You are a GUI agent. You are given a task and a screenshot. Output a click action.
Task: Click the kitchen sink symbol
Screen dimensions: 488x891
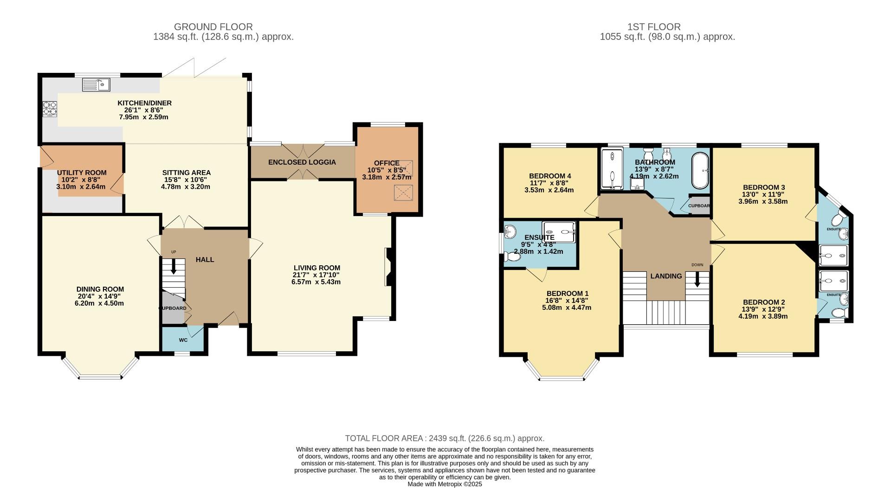pyautogui.click(x=96, y=84)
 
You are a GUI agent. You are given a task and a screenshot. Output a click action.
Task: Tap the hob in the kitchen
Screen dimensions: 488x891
pyautogui.click(x=50, y=109)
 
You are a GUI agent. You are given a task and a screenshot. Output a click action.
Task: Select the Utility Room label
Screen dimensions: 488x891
pyautogui.click(x=82, y=173)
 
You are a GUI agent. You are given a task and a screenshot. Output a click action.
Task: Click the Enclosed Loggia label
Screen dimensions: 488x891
pyautogui.click(x=302, y=162)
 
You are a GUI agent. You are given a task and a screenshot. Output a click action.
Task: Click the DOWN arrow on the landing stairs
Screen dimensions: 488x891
pyautogui.click(x=697, y=279)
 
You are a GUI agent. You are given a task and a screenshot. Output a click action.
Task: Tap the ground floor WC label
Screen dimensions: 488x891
pyautogui.click(x=183, y=340)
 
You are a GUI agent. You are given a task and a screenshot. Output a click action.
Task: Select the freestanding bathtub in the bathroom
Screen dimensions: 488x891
pyautogui.click(x=700, y=170)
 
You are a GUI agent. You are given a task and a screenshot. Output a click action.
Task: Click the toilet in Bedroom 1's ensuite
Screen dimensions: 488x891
pyautogui.click(x=512, y=256)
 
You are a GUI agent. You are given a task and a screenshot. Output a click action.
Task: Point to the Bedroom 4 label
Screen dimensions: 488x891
pyautogui.click(x=550, y=176)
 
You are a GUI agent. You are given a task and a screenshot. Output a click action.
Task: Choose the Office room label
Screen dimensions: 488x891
pyautogui.click(x=387, y=163)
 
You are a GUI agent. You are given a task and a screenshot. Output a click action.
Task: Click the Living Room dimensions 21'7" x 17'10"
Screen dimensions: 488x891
pyautogui.click(x=316, y=275)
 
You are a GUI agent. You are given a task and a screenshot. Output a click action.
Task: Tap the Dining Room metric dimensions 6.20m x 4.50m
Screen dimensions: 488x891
pyautogui.click(x=101, y=303)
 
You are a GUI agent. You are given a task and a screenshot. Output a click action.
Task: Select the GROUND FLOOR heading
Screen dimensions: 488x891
pyautogui.click(x=213, y=27)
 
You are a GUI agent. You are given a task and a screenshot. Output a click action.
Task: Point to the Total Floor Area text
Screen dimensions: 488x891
pyautogui.click(x=444, y=438)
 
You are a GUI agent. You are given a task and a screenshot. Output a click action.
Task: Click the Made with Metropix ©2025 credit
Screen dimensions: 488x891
pyautogui.click(x=445, y=484)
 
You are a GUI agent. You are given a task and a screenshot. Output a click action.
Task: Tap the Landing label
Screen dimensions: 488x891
pyautogui.click(x=666, y=276)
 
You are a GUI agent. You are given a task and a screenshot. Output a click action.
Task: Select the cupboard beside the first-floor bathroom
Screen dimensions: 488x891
pyautogui.click(x=699, y=205)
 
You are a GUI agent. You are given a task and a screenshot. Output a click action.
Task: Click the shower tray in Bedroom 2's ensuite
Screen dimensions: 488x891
pyautogui.click(x=833, y=281)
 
